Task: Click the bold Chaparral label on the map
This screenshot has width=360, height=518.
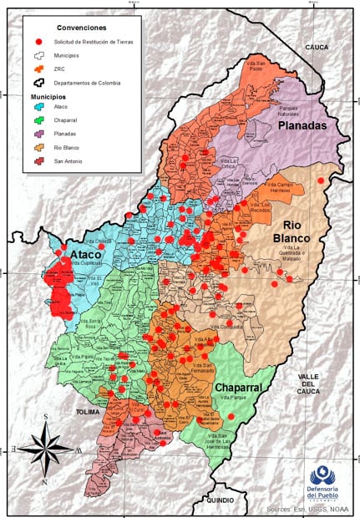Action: [241, 388]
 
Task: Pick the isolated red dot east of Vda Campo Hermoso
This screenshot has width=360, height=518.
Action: [321, 180]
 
